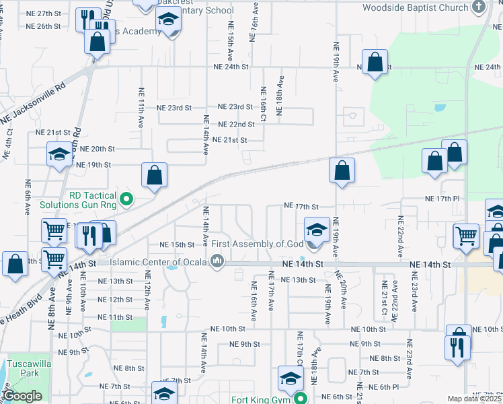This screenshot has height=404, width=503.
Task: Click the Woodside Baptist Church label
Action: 415,7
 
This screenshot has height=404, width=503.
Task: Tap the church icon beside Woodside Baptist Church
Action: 478,7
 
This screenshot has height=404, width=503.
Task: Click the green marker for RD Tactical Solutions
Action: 126,198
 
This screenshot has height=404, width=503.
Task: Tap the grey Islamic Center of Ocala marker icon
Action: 217,261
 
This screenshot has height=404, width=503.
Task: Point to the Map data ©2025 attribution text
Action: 474,399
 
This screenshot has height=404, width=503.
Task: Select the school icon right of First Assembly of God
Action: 317,229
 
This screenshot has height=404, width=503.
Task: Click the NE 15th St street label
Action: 176,244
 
